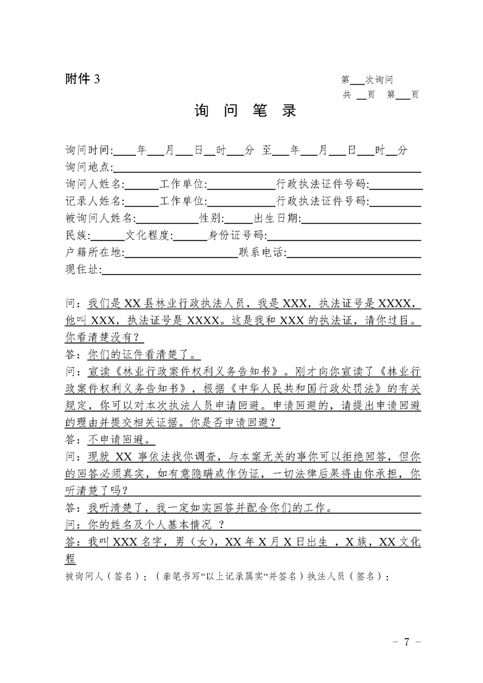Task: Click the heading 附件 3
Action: tap(82, 79)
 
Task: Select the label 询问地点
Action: tap(87, 167)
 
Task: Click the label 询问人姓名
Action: tap(94, 184)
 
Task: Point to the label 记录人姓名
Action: tap(94, 201)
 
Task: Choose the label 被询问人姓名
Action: tap(100, 218)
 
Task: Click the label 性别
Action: tap(211, 218)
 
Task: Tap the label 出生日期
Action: tap(277, 218)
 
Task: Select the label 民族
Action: tap(76, 235)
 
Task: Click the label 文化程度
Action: tap(149, 235)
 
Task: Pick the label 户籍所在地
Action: tap(93, 252)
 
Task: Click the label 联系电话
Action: tap(261, 252)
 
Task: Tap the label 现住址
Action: tap(82, 269)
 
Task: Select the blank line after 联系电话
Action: tap(353, 253)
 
